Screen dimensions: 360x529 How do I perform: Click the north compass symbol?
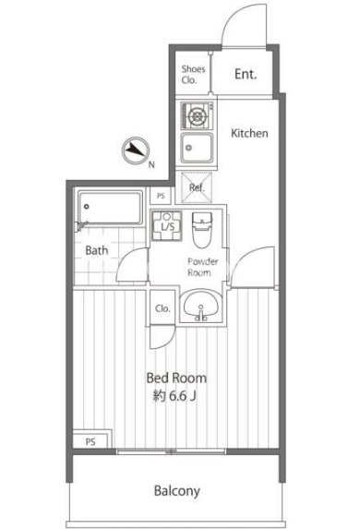(x=136, y=150)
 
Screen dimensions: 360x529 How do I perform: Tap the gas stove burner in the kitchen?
(x=198, y=116)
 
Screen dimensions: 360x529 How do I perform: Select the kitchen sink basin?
(x=197, y=148)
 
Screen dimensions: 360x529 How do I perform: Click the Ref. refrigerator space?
(x=197, y=187)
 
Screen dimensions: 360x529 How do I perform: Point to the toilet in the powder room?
(x=202, y=230)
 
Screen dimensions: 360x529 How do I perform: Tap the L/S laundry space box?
(x=167, y=225)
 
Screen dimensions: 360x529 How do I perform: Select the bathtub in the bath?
(x=111, y=208)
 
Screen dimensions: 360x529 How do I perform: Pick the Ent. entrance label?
(x=246, y=74)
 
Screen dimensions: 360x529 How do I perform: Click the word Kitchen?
(x=249, y=133)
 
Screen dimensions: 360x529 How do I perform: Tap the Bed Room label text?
(x=176, y=379)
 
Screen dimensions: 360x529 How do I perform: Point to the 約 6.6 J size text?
(x=174, y=396)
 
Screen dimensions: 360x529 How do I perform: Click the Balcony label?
(x=177, y=491)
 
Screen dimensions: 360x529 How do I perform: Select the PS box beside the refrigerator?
(x=161, y=196)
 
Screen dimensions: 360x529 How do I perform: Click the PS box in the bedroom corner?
(x=90, y=441)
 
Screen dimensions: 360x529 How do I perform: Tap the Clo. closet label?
(x=162, y=308)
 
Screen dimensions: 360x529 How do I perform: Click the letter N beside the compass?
(x=151, y=165)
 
